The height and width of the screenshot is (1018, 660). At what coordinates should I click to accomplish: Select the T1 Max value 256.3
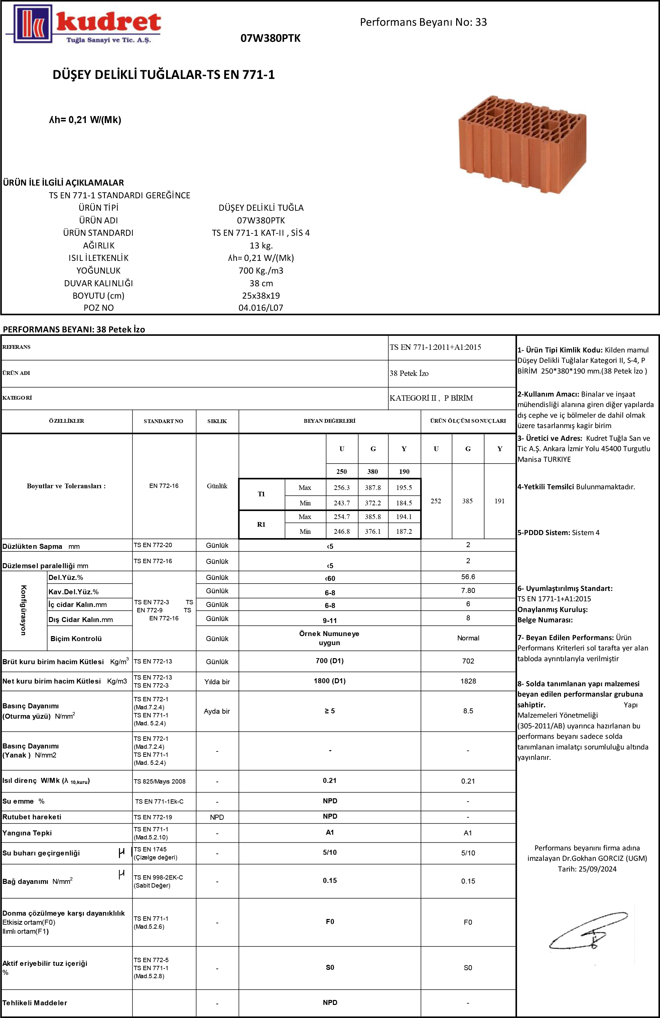tap(342, 488)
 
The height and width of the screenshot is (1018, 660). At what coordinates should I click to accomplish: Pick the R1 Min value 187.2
tap(404, 531)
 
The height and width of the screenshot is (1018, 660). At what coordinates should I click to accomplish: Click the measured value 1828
tap(468, 681)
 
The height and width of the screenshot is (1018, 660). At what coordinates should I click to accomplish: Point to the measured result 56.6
tap(468, 577)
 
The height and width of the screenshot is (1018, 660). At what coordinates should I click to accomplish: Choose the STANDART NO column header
tap(163, 421)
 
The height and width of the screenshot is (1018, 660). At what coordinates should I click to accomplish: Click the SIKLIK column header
tap(217, 421)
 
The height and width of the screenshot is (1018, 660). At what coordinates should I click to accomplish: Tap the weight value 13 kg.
tap(261, 245)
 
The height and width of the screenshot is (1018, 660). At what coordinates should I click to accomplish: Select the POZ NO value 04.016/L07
tap(261, 308)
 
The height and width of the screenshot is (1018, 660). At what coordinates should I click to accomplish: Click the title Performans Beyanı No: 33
tap(423, 22)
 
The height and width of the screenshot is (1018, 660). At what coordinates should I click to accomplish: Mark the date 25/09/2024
tap(597, 869)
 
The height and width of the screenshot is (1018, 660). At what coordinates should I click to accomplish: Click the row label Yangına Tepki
tap(27, 833)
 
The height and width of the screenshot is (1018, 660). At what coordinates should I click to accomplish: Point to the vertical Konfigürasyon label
tap(23, 610)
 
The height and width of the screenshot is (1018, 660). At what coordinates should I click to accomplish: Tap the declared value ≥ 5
tap(329, 711)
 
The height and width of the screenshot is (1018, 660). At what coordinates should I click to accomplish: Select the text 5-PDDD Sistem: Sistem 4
tap(558, 532)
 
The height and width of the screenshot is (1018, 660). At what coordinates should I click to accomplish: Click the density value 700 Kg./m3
tap(261, 270)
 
